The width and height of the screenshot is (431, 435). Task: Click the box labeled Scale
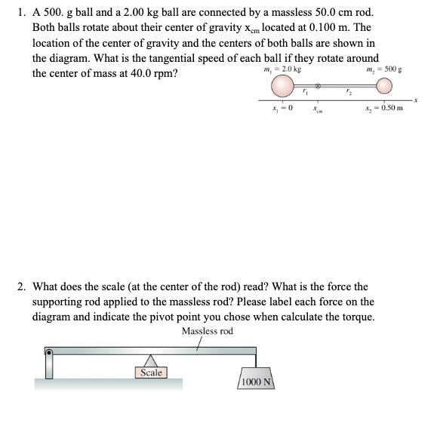(151, 372)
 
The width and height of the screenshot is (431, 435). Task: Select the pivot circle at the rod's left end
(50, 352)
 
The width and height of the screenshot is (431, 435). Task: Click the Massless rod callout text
(208, 331)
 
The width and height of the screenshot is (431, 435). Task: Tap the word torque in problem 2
(352, 316)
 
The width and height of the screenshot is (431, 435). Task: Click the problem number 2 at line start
(22, 286)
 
